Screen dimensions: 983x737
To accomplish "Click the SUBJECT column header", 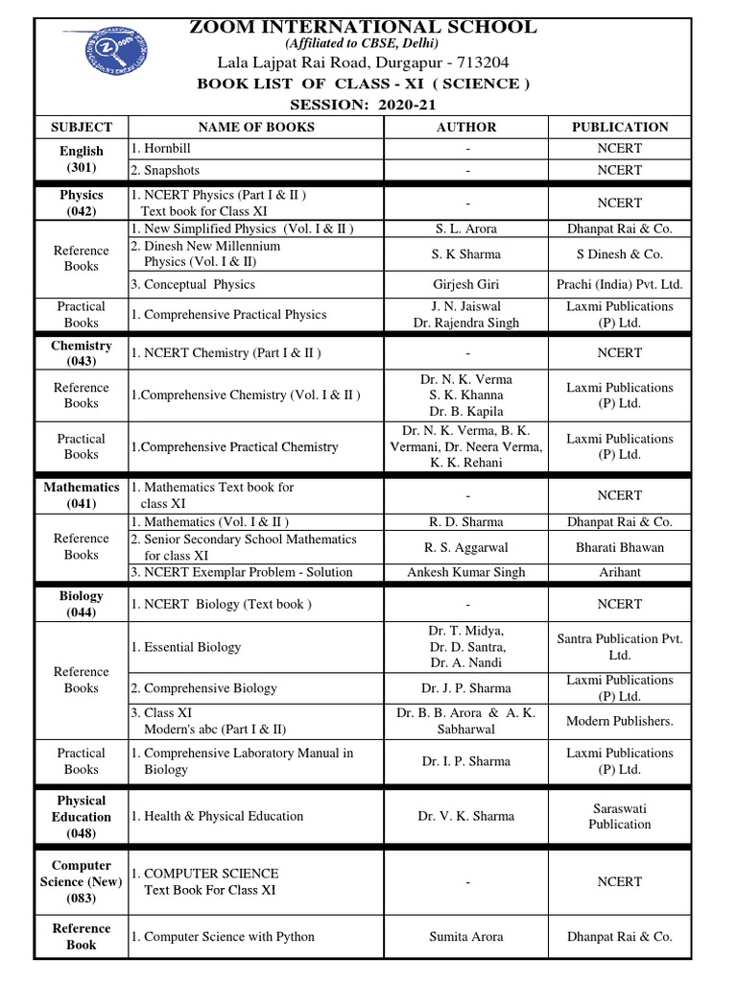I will click(82, 127).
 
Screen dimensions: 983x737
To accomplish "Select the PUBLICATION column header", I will click(620, 127).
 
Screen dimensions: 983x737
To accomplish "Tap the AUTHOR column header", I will click(466, 127).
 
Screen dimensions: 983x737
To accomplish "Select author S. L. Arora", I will click(466, 229).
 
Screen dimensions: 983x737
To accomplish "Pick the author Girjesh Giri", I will click(466, 285).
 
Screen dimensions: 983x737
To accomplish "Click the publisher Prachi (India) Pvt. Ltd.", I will click(620, 285).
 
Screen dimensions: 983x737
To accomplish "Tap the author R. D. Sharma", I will click(466, 522).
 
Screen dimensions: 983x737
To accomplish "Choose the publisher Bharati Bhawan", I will click(620, 547).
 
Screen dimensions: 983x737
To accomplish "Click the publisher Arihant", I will click(620, 572).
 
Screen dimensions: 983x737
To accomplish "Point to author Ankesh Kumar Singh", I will click(466, 572).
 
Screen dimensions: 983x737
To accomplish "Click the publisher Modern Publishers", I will click(620, 721).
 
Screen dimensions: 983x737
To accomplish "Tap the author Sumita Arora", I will click(466, 937).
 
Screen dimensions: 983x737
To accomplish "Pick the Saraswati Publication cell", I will click(620, 816).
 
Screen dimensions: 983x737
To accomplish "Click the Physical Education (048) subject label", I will click(82, 817).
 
